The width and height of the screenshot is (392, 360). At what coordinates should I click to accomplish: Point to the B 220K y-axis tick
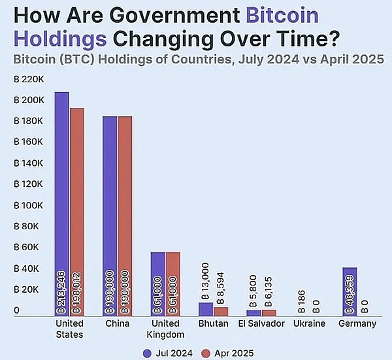tap(29, 79)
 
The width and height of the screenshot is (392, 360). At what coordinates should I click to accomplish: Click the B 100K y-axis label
tap(29, 205)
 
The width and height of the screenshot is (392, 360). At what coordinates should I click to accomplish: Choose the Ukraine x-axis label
tap(308, 323)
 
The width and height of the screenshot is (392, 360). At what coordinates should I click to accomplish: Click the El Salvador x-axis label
tap(260, 323)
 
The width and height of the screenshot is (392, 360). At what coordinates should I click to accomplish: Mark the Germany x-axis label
tap(357, 323)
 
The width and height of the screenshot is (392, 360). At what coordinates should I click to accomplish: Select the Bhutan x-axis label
tap(214, 323)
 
